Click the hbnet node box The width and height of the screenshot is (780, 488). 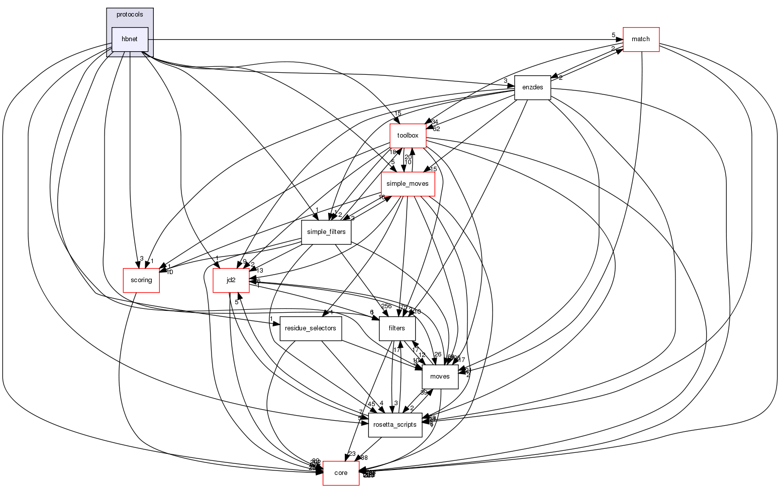point(130,39)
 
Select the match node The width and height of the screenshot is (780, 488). point(641,39)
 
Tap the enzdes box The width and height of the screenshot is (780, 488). point(533,87)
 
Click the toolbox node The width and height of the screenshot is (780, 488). point(408,136)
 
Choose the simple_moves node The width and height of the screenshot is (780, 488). point(408,184)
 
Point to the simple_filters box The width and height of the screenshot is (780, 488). point(326,232)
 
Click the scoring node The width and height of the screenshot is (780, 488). point(141,280)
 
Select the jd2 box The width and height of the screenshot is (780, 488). point(231,280)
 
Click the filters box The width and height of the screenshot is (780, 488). point(397,328)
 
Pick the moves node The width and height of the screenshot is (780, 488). point(440,377)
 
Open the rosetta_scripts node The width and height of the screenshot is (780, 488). point(396,425)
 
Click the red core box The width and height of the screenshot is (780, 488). point(341,473)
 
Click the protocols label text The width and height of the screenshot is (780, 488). point(130,15)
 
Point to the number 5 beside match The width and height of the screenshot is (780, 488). point(613,35)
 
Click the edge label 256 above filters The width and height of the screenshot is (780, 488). point(386,306)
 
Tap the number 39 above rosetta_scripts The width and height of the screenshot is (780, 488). point(424,393)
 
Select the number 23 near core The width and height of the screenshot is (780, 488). point(352,453)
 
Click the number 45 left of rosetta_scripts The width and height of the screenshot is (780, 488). point(371,403)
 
